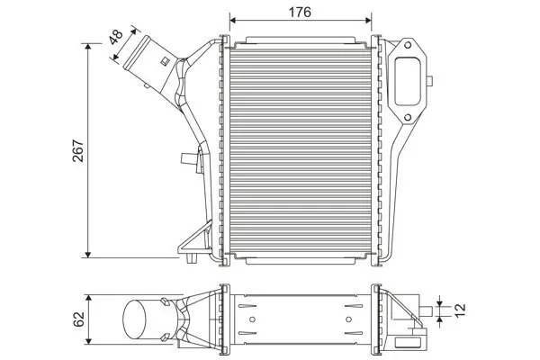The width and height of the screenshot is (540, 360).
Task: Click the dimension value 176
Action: click(x=301, y=12)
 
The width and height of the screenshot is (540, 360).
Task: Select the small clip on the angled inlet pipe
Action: click(x=165, y=62)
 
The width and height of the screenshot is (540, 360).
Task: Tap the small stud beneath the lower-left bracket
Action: click(x=195, y=260)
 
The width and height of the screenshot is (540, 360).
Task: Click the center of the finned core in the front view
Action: click(x=301, y=148)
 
